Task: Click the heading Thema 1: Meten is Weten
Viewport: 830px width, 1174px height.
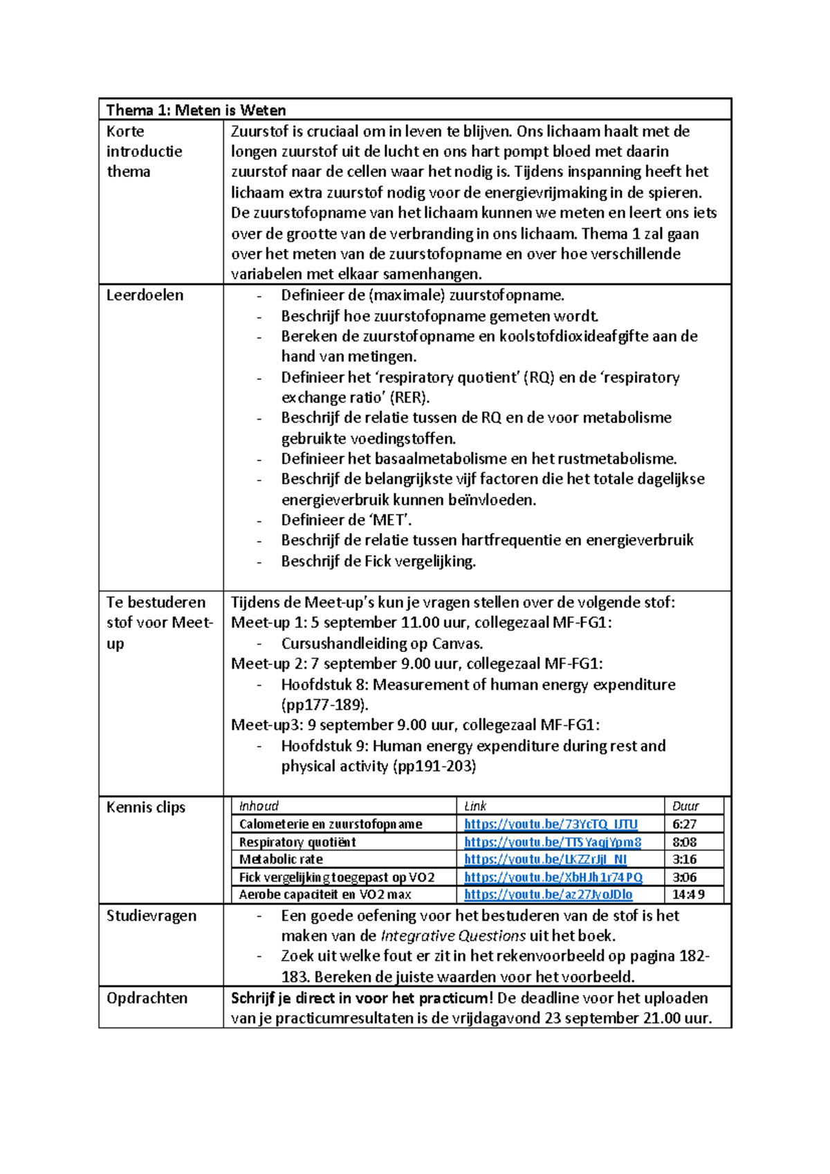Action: (x=196, y=111)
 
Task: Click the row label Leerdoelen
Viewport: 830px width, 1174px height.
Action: (x=145, y=295)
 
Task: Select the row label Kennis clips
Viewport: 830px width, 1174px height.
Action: (x=145, y=807)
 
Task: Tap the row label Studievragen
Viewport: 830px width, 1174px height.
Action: (x=151, y=915)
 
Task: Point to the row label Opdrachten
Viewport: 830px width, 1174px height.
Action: (x=147, y=998)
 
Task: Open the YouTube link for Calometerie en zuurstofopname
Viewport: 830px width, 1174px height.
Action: (x=551, y=824)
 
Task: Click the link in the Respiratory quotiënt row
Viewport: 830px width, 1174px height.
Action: (x=552, y=842)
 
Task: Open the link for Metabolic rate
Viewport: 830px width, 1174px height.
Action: (x=545, y=859)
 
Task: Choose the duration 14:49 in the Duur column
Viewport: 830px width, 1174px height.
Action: (x=688, y=895)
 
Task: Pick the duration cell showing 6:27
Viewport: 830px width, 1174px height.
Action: (x=684, y=824)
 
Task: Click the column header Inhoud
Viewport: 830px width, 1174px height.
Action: (x=259, y=806)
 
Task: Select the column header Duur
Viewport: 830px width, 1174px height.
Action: (x=685, y=806)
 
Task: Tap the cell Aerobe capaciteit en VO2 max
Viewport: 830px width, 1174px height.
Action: (x=325, y=895)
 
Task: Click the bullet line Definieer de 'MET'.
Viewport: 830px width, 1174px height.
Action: (x=346, y=520)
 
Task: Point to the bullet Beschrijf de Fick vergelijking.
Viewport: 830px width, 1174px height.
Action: (x=378, y=561)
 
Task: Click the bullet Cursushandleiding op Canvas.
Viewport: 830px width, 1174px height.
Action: (x=382, y=644)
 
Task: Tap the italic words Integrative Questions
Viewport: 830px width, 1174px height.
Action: (x=453, y=936)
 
